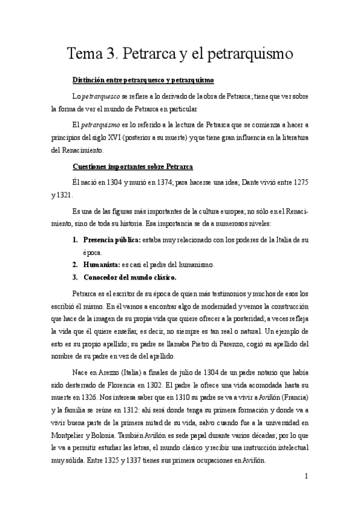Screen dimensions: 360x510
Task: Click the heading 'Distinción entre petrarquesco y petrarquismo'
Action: [143, 81]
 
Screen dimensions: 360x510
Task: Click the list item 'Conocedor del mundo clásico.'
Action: [129, 277]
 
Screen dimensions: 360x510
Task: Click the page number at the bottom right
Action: [307, 493]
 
